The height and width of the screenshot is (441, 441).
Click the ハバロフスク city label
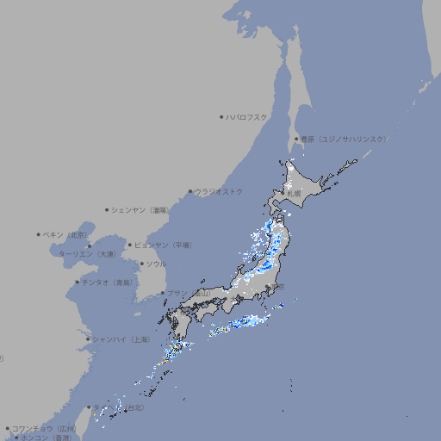click(x=246, y=116)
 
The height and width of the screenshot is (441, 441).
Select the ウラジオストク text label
click(x=219, y=191)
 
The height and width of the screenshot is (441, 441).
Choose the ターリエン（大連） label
click(x=87, y=254)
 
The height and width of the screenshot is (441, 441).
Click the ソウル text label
click(x=156, y=264)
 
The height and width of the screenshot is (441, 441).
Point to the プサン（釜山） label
click(x=187, y=293)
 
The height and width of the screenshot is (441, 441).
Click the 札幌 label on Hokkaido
click(x=294, y=194)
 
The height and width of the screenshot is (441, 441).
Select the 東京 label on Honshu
click(x=276, y=287)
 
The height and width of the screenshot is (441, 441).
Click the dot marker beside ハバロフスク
click(x=221, y=116)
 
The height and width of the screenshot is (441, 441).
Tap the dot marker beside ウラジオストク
click(x=190, y=191)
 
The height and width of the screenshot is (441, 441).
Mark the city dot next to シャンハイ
click(x=88, y=339)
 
